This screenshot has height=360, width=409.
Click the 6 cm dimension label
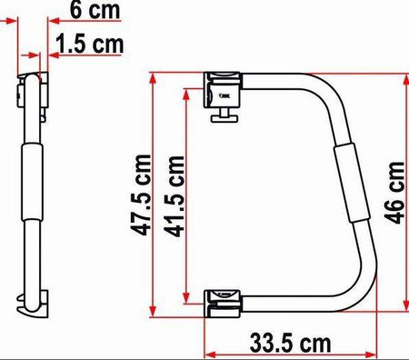[x=95, y=10]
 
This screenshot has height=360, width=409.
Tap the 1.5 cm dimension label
[x=90, y=44]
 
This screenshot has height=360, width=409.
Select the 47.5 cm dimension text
[x=141, y=195]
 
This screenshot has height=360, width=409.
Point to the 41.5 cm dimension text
[x=174, y=196]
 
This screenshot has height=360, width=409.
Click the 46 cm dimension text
[x=394, y=193]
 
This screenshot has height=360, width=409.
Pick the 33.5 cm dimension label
[x=290, y=344]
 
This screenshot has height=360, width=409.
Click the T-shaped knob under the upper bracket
[x=224, y=116]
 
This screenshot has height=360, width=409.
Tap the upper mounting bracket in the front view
[x=222, y=90]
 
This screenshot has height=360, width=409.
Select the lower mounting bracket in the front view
[x=222, y=304]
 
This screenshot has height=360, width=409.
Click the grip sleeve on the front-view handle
[x=352, y=184]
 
